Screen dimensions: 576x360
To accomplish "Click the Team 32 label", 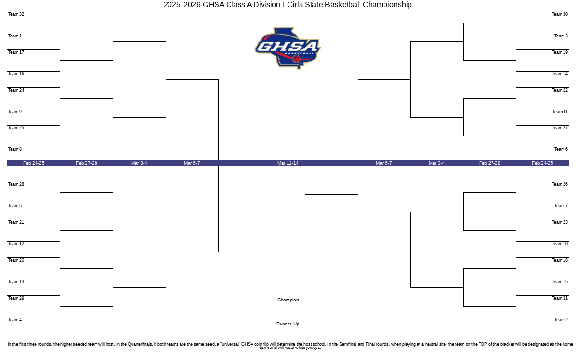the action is pyautogui.click(x=16, y=14).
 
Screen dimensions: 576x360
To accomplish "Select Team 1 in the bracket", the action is pyautogui.click(x=15, y=36).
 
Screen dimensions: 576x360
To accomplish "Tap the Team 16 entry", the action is pyautogui.click(x=16, y=74).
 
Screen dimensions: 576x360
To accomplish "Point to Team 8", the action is pyautogui.click(x=15, y=149).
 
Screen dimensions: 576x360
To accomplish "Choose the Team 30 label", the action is pyautogui.click(x=560, y=14).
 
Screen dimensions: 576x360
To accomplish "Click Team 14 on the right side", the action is pyautogui.click(x=560, y=74).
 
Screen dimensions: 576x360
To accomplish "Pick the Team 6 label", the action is pyautogui.click(x=561, y=149).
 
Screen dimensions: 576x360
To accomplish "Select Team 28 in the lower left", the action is pyautogui.click(x=16, y=184).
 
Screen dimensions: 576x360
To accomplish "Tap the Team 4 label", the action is pyautogui.click(x=15, y=320).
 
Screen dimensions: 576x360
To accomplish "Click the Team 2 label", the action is pyautogui.click(x=561, y=320).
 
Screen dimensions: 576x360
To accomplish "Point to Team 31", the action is pyautogui.click(x=560, y=298).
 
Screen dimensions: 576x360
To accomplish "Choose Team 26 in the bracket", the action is pyautogui.click(x=560, y=184).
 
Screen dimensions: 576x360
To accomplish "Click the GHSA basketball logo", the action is pyautogui.click(x=288, y=48).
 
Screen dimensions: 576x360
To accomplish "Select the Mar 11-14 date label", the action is pyautogui.click(x=288, y=163).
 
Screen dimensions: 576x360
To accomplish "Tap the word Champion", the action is pyautogui.click(x=288, y=300).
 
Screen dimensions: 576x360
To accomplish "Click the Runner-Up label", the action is pyautogui.click(x=288, y=324).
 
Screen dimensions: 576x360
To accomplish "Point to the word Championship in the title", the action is pyautogui.click(x=387, y=5).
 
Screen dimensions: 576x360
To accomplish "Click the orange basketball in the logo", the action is pyautogui.click(x=297, y=59).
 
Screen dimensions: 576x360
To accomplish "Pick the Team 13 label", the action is pyautogui.click(x=16, y=282).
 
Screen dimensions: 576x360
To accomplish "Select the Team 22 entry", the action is pyautogui.click(x=560, y=90).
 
